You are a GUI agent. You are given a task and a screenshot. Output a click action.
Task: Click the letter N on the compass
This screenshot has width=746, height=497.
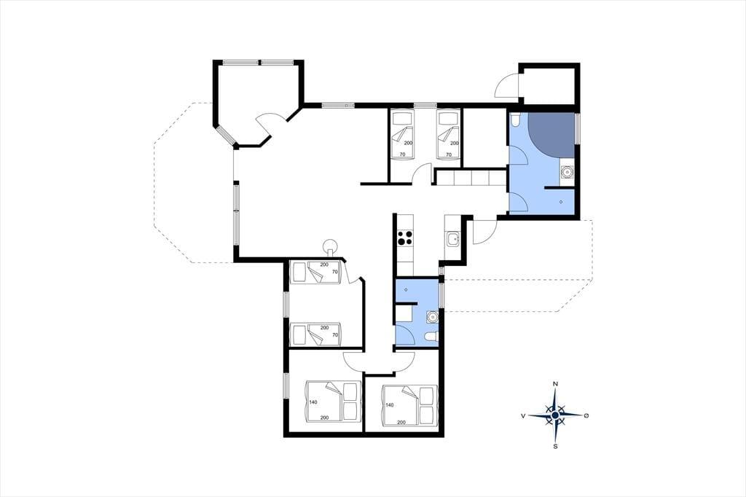[555, 384]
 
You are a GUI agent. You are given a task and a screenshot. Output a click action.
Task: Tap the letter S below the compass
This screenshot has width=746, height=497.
[555, 447]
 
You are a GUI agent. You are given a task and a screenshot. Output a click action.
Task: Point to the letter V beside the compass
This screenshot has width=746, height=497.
[523, 416]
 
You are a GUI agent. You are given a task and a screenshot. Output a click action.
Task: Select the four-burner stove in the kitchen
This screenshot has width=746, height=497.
[405, 237]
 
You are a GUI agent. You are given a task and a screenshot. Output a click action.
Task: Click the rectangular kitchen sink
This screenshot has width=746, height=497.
[452, 239]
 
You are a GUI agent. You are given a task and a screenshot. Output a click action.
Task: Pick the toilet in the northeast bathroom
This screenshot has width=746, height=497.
[515, 120]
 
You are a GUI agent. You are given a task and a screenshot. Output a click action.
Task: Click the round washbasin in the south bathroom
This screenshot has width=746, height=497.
[432, 316]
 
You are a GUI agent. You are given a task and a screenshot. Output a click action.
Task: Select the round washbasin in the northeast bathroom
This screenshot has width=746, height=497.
[567, 171]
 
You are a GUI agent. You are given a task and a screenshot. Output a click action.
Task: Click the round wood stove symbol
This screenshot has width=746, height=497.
[330, 246]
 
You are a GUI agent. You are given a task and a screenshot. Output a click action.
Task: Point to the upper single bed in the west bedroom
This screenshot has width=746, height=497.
[316, 272]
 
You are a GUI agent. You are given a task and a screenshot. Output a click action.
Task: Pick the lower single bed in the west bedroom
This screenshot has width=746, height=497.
[316, 335]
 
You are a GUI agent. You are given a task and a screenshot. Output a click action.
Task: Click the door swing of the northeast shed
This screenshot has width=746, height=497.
[506, 86]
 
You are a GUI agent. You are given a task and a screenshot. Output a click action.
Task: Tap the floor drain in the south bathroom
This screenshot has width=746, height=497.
[406, 290]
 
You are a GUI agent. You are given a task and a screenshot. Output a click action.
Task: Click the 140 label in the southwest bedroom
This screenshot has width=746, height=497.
[313, 402]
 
